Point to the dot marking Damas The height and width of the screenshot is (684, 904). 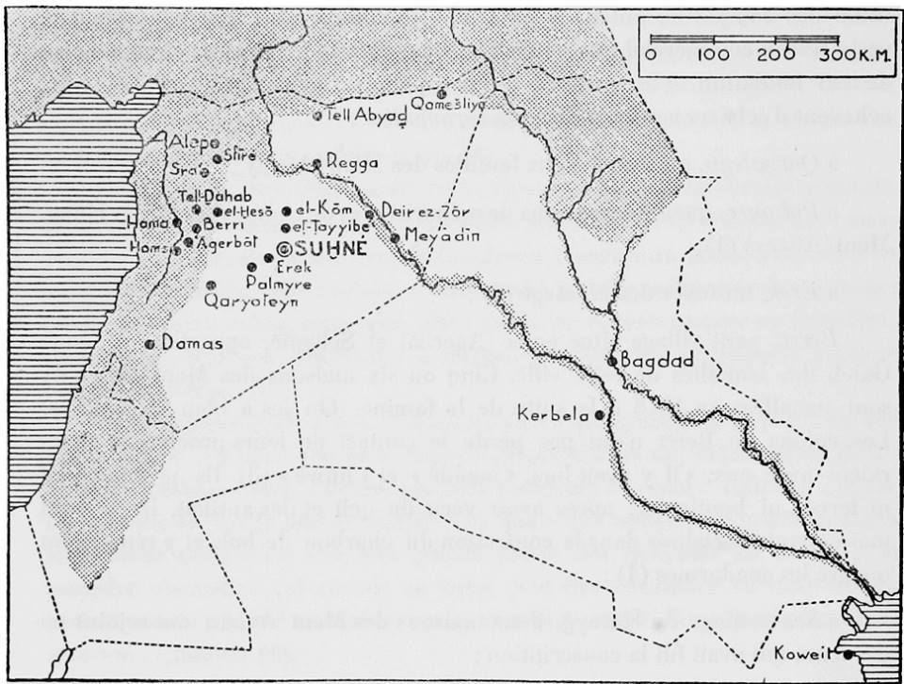[x=150, y=343]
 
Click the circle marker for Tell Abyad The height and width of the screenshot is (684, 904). [x=316, y=116]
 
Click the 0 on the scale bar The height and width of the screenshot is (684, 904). [x=651, y=55]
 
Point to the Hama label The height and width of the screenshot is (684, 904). [x=149, y=223]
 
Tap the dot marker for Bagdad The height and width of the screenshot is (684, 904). [x=612, y=361]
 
